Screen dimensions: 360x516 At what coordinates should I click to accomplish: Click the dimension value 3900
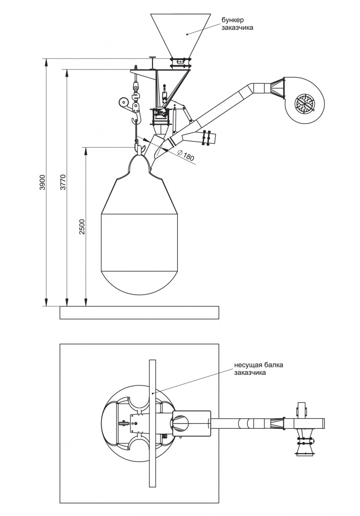pos(42,181)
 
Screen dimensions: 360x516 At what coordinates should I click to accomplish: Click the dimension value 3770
pos(63,181)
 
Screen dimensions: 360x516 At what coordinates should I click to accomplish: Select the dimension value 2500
pos(82,227)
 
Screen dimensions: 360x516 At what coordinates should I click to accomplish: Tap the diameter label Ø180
pos(186,155)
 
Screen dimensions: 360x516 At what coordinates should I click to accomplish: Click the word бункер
pos(233,20)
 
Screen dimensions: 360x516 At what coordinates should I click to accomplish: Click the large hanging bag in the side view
pos(139,224)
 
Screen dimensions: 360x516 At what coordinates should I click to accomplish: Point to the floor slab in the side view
pos(139,312)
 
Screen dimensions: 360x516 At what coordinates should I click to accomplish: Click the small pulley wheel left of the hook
pos(123,102)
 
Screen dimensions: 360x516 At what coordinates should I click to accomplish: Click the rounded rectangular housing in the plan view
pos(191,424)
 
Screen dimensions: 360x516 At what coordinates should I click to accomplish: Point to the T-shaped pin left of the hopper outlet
pos(153,62)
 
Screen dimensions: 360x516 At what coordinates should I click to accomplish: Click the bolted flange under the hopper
pos(180,63)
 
